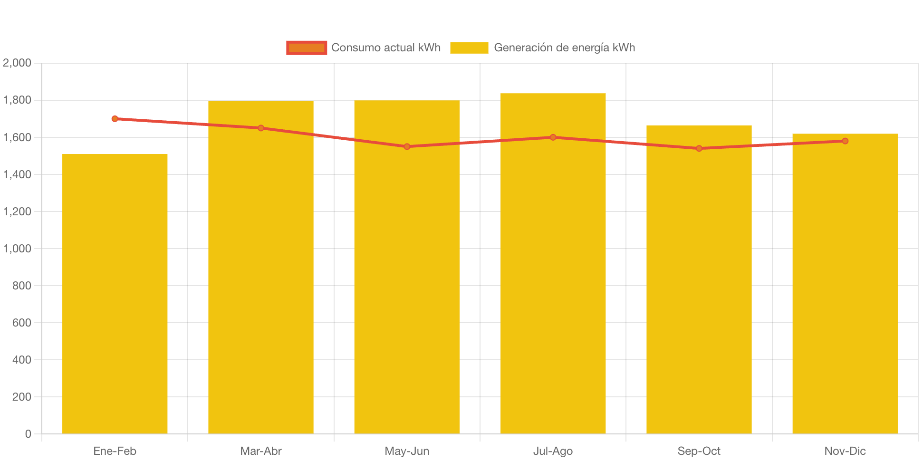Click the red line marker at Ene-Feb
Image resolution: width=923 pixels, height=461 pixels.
pyautogui.click(x=115, y=119)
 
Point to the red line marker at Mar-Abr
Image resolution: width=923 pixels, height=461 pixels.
pyautogui.click(x=261, y=128)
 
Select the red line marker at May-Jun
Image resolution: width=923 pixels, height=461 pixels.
pyautogui.click(x=407, y=146)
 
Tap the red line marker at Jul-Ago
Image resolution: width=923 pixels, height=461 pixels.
pyautogui.click(x=553, y=137)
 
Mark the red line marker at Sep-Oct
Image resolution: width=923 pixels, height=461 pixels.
pyautogui.click(x=699, y=148)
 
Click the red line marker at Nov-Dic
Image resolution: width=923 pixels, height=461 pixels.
pyautogui.click(x=845, y=141)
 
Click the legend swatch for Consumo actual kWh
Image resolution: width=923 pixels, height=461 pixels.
pyautogui.click(x=307, y=48)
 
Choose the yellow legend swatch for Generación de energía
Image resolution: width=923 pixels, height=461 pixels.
pyautogui.click(x=469, y=48)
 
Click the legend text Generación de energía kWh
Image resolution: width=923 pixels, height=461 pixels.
pyautogui.click(x=564, y=48)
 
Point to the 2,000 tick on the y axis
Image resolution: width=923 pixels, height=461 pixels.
pyautogui.click(x=17, y=63)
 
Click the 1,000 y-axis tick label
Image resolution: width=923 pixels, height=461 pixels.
pyautogui.click(x=17, y=249)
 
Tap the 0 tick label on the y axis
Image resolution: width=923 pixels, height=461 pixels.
pyautogui.click(x=28, y=434)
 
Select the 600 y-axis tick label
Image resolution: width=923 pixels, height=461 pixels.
pyautogui.click(x=22, y=323)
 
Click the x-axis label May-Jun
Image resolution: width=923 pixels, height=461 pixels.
pyautogui.click(x=407, y=451)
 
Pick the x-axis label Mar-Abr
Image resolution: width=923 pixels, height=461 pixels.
pyautogui.click(x=261, y=451)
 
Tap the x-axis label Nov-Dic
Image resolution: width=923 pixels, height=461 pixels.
pyautogui.click(x=845, y=451)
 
